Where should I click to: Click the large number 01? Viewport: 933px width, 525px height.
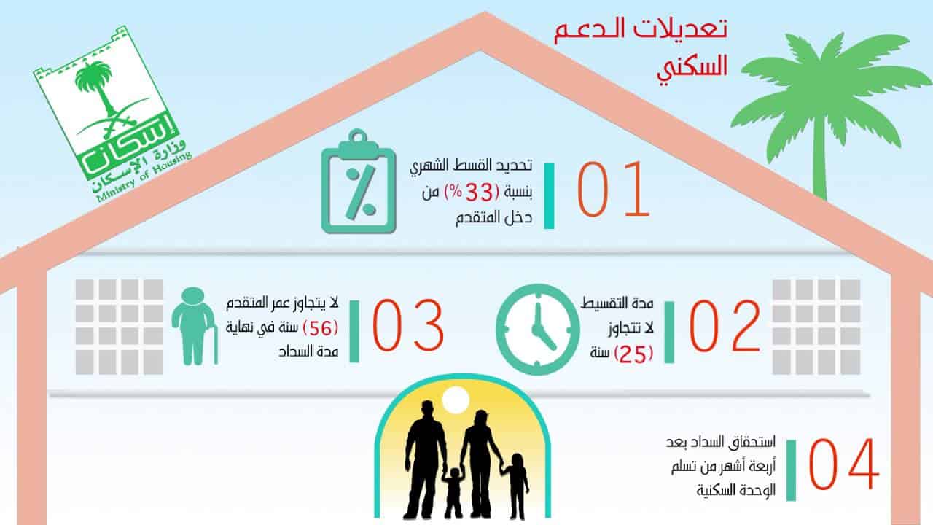pyautogui.click(x=613, y=189)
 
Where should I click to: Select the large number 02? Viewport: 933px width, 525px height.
pyautogui.click(x=725, y=326)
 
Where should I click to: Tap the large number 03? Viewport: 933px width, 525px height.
pyautogui.click(x=407, y=325)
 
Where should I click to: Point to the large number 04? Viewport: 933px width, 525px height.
pyautogui.click(x=844, y=464)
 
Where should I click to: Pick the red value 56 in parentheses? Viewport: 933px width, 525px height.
pyautogui.click(x=320, y=329)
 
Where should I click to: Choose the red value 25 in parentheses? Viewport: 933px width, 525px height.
pyautogui.click(x=633, y=354)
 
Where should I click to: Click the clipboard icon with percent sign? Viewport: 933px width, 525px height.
pyautogui.click(x=358, y=182)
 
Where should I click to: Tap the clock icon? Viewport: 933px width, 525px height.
pyautogui.click(x=537, y=329)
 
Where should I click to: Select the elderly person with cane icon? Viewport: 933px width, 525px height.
pyautogui.click(x=195, y=326)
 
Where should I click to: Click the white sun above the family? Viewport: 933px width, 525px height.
pyautogui.click(x=456, y=400)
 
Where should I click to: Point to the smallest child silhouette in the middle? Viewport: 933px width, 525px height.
pyautogui.click(x=453, y=493)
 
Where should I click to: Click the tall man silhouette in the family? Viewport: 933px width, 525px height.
pyautogui.click(x=424, y=459)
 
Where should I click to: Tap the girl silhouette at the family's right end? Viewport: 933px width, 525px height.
pyautogui.click(x=515, y=486)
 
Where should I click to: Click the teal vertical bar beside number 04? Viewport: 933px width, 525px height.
pyautogui.click(x=791, y=470)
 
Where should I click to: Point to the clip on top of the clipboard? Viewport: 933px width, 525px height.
pyautogui.click(x=358, y=142)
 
